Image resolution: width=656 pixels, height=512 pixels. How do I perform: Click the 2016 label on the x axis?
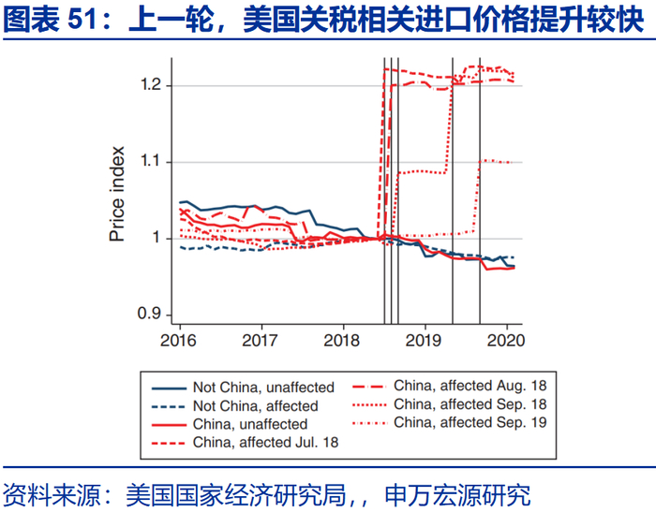click(x=177, y=340)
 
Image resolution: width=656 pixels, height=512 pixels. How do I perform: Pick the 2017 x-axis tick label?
click(x=260, y=340)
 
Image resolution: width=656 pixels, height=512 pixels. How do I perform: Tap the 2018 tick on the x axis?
click(x=342, y=340)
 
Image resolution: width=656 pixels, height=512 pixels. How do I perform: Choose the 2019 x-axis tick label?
click(x=425, y=340)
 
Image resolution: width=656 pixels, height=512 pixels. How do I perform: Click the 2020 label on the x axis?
click(x=506, y=340)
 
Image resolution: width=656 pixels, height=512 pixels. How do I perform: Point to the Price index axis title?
click(x=117, y=194)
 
